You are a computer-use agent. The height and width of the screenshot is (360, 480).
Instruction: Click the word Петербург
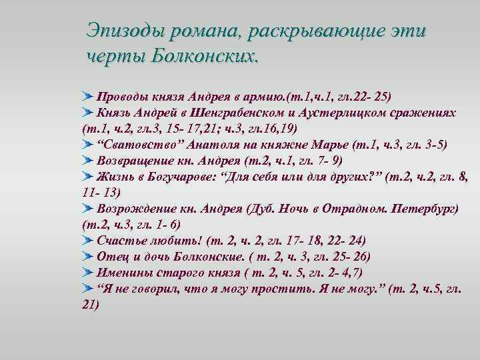[x=421, y=209]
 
